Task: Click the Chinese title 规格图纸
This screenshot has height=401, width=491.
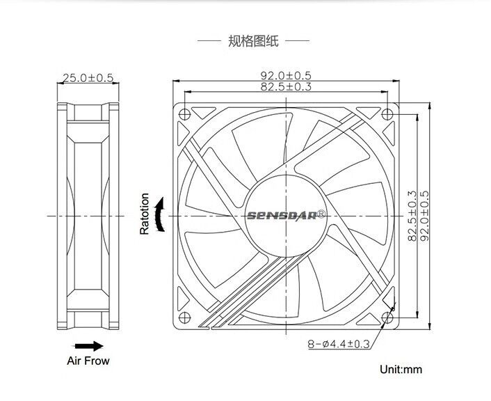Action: point(253,42)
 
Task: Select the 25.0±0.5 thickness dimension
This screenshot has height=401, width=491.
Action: point(87,78)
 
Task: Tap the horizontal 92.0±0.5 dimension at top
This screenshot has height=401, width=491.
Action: point(286,75)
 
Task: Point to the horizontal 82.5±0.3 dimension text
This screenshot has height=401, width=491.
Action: point(286,86)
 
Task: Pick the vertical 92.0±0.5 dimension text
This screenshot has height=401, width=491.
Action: point(424,217)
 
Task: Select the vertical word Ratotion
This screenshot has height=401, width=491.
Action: point(145,214)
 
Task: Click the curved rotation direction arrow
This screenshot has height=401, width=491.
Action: point(161,214)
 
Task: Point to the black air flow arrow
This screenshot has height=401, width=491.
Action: point(88,346)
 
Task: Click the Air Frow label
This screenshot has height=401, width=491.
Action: point(88,361)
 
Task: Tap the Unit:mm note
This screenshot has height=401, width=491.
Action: point(401,370)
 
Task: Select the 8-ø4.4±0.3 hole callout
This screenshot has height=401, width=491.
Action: point(339,344)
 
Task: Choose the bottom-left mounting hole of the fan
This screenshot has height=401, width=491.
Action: point(184,317)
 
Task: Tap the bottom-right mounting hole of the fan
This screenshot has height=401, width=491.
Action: point(387,317)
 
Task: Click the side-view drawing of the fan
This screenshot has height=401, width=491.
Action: point(87,216)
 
